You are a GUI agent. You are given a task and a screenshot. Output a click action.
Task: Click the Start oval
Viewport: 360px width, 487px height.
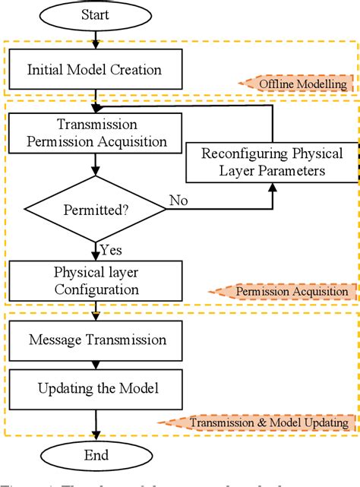coord(96,14)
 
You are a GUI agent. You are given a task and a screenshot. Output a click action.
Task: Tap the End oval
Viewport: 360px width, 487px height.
coord(96,455)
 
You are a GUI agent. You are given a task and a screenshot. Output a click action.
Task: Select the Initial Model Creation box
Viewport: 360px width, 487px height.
coord(96,70)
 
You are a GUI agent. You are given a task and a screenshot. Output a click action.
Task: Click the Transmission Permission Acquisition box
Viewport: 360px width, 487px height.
coord(96,132)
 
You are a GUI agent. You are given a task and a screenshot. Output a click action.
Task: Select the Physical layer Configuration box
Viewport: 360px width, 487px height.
coord(96,280)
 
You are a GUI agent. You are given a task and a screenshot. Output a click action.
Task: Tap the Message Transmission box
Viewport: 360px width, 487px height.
coord(96,340)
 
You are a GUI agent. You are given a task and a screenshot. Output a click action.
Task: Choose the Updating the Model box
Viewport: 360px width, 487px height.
coord(96,389)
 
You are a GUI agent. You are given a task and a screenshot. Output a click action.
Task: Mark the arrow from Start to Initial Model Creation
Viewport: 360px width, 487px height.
coord(96,40)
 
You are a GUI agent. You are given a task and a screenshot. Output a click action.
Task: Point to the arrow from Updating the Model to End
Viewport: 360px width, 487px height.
coord(96,422)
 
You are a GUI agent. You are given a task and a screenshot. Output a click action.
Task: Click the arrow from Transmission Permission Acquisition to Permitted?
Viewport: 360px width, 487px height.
coord(96,163)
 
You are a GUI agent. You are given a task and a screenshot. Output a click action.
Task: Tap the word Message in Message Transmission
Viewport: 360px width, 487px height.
coord(55,340)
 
